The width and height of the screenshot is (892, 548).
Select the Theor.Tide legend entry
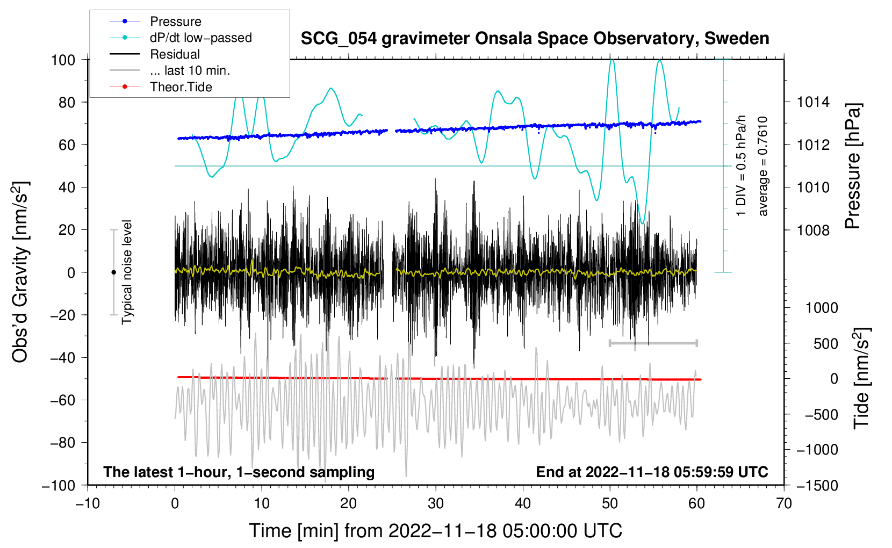181,87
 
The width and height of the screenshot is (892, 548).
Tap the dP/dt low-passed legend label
200,38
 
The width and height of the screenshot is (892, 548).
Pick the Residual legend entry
175,54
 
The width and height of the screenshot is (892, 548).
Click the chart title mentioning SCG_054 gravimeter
535,39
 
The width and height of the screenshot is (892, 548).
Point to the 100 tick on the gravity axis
63,60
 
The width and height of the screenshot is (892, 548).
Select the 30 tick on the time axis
436,503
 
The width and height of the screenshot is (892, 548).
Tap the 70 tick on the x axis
784,503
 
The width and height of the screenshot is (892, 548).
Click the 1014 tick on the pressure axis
813,102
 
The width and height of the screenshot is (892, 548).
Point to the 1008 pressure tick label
813,230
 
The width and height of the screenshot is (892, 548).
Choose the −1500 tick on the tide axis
817,485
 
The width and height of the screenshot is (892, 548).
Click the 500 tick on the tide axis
825,344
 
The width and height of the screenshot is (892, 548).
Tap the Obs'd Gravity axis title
20,272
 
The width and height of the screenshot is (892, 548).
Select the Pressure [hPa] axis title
853,167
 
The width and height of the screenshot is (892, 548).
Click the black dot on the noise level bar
113,272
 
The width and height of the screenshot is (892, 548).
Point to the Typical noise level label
127,272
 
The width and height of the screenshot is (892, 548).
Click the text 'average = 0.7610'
763,167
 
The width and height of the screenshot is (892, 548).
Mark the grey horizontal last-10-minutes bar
653,343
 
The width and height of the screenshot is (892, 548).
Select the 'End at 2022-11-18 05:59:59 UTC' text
652,472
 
